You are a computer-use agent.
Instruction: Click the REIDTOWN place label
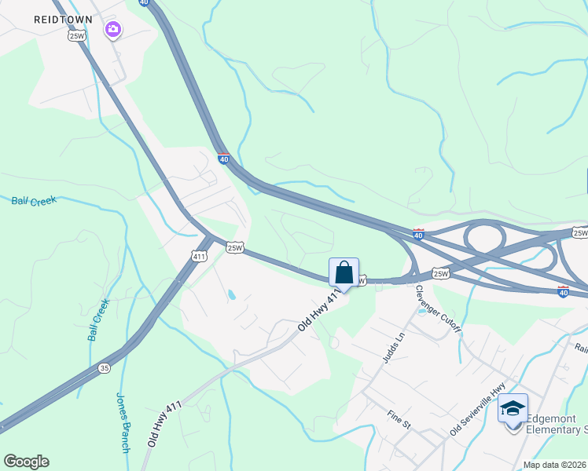[x=63, y=19]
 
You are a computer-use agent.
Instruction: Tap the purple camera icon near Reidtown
[x=113, y=30]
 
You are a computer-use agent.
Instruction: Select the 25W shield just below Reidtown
[x=76, y=35]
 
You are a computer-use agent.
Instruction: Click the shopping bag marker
[x=344, y=273]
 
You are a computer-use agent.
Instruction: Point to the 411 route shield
[x=199, y=256]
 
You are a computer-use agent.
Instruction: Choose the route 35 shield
[x=105, y=367]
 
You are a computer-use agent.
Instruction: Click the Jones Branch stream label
[x=123, y=422]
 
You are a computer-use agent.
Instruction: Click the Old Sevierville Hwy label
[x=477, y=411]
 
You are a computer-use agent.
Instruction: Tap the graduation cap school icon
[x=513, y=409]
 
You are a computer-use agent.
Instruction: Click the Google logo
[x=26, y=462]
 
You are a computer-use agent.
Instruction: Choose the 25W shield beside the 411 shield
[x=235, y=248]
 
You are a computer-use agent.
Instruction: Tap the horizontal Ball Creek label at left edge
[x=34, y=201]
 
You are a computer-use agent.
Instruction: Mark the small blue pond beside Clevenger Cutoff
[x=422, y=312]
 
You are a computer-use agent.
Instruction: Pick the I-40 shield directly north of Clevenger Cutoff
[x=418, y=234]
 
